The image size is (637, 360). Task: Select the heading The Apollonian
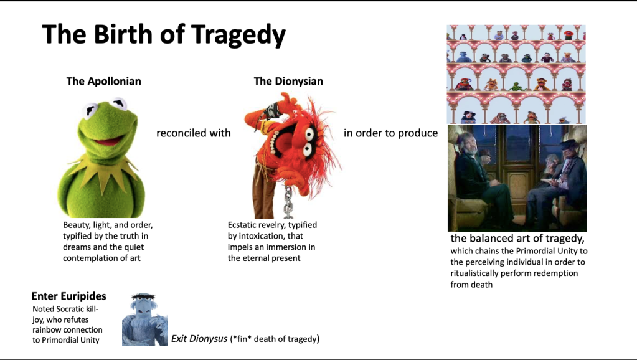[x=103, y=81]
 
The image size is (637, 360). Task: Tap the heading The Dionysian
[x=288, y=81]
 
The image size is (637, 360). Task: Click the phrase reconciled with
[x=193, y=133]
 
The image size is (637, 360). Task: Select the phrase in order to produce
[x=390, y=133]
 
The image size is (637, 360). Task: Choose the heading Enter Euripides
[x=68, y=296]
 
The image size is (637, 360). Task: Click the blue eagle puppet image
[x=144, y=320]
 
